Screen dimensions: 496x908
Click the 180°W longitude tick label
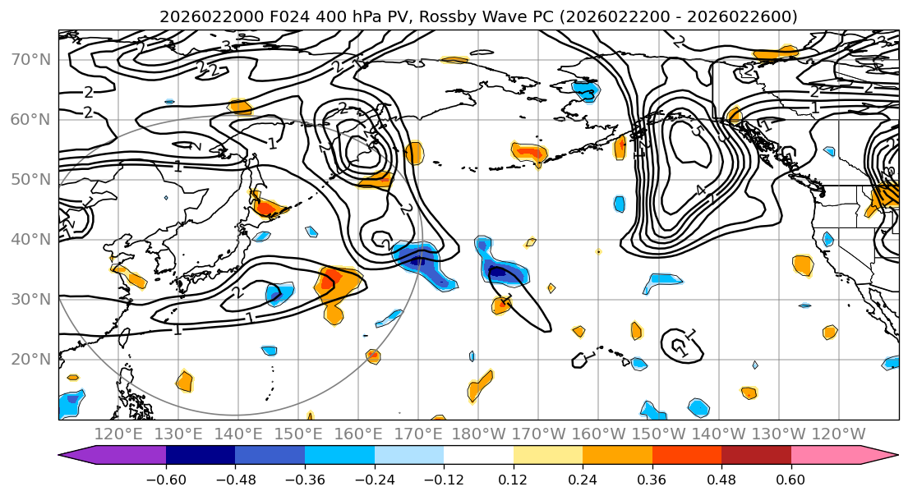click(478, 433)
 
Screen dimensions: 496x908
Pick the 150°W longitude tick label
click(658, 433)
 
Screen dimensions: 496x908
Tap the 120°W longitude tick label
click(837, 433)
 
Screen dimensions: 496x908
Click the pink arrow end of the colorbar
click(883, 456)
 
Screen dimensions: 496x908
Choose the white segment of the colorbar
click(478, 456)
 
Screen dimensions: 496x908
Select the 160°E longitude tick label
click(358, 433)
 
